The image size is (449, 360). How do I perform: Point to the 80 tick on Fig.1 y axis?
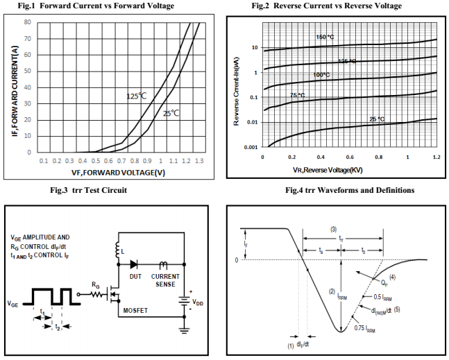[27, 22]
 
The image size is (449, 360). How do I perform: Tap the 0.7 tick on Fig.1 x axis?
[121, 161]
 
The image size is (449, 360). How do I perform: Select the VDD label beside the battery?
[198, 302]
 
